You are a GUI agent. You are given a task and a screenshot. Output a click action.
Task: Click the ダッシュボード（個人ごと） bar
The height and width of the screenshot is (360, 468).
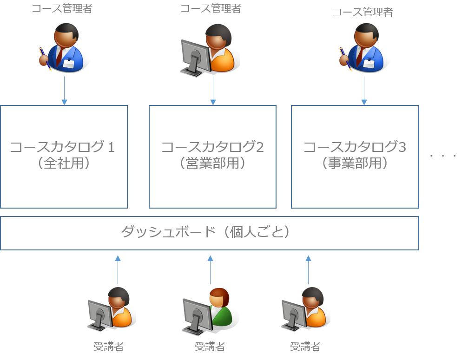pyautogui.click(x=209, y=233)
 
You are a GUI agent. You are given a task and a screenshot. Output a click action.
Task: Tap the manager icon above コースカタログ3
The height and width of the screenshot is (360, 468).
pyautogui.click(x=363, y=48)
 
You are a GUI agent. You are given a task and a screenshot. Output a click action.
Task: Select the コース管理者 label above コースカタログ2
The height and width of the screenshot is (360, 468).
pyautogui.click(x=211, y=8)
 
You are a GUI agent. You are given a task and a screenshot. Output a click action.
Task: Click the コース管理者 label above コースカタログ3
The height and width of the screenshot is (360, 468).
pyautogui.click(x=363, y=13)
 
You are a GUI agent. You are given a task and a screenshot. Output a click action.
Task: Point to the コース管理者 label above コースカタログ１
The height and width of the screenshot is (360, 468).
pyautogui.click(x=62, y=8)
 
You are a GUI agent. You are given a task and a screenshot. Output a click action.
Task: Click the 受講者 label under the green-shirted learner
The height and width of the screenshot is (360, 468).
pyautogui.click(x=210, y=347)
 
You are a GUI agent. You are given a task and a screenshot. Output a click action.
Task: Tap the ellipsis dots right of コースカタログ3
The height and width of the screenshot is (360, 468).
pyautogui.click(x=443, y=156)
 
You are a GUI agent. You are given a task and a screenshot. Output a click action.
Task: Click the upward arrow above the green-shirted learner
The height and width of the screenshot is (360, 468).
pyautogui.click(x=210, y=269)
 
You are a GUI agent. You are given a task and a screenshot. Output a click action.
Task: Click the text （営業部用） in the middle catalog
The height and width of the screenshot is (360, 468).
pyautogui.click(x=212, y=164)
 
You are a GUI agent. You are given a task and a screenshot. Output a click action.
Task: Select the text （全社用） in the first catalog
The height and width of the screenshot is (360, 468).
pyautogui.click(x=64, y=164)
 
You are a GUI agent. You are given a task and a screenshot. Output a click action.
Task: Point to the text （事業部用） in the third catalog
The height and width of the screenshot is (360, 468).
pyautogui.click(x=355, y=164)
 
